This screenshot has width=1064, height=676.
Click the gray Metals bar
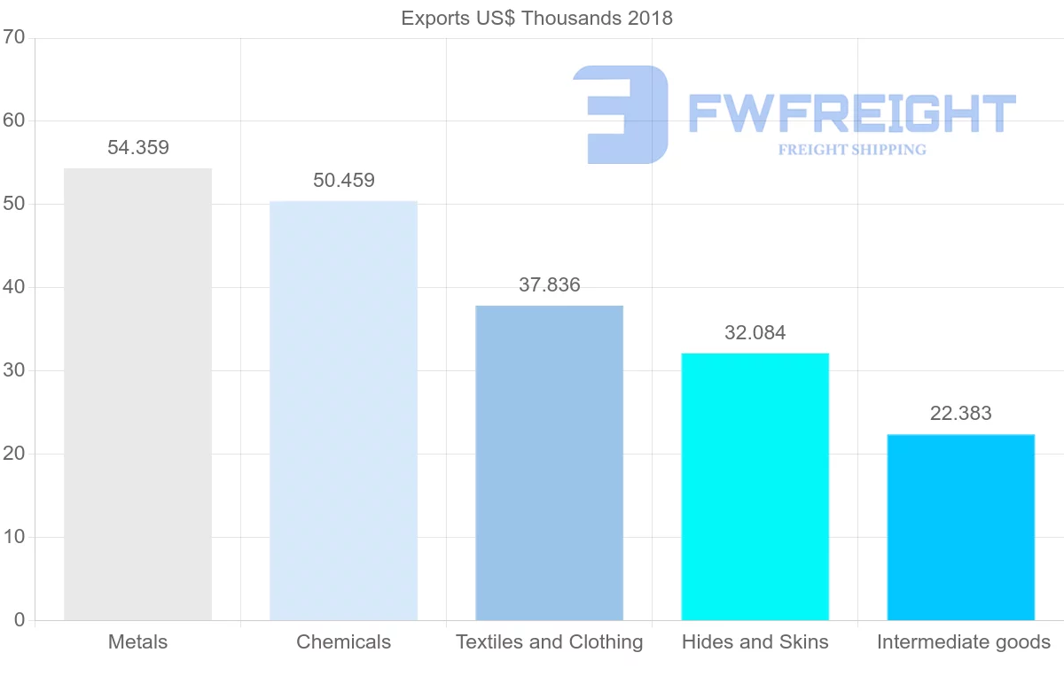click(x=137, y=394)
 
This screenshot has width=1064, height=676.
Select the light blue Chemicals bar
click(x=343, y=410)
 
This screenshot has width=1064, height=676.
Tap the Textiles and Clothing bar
click(x=549, y=462)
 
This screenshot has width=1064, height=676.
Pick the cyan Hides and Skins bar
click(x=755, y=486)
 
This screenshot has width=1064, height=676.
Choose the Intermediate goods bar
click(x=960, y=527)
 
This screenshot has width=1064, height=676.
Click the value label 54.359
click(x=138, y=148)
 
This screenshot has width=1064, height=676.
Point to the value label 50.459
click(x=344, y=181)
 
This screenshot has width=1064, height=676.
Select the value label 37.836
click(x=550, y=285)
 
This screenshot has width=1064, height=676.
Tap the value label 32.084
click(x=755, y=333)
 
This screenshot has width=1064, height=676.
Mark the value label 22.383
click(x=961, y=414)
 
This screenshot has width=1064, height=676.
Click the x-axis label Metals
click(x=137, y=642)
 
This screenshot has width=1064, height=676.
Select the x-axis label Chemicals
click(x=343, y=642)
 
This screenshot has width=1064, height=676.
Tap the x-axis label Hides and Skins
click(x=755, y=642)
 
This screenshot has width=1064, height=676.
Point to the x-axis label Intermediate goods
click(x=964, y=642)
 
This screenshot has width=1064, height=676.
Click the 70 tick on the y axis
click(x=13, y=37)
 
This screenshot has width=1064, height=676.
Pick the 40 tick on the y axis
click(x=13, y=287)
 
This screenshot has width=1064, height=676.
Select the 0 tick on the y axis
click(x=19, y=620)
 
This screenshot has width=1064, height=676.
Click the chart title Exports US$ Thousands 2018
click(x=537, y=18)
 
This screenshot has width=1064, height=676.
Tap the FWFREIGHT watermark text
click(x=852, y=113)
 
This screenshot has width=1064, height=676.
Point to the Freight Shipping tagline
click(x=852, y=150)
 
